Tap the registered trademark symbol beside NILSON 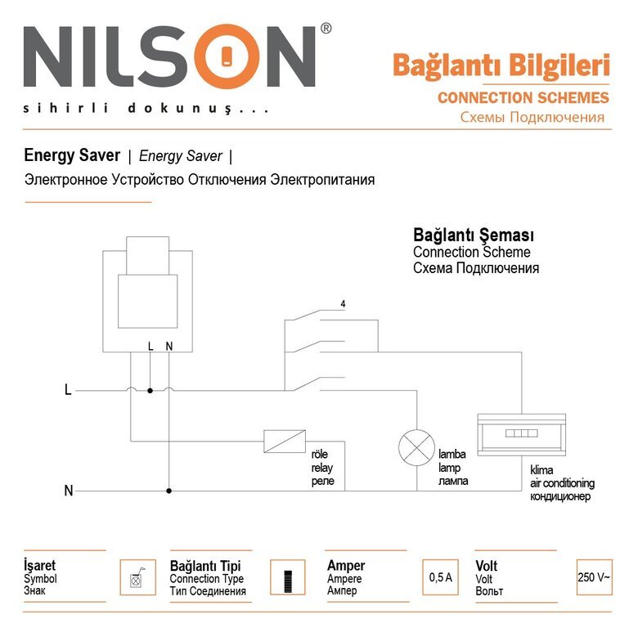click(326, 29)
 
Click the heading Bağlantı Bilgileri click(501, 65)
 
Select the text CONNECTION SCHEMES click(523, 97)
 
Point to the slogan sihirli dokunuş click(146, 108)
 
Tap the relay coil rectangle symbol click(284, 442)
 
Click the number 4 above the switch click(343, 304)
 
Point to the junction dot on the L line click(150, 391)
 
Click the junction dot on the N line click(168, 491)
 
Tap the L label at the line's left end click(68, 391)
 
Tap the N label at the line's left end click(69, 491)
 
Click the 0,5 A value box click(440, 577)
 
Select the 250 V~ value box click(593, 577)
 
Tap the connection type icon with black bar click(287, 577)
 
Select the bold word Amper click(345, 566)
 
